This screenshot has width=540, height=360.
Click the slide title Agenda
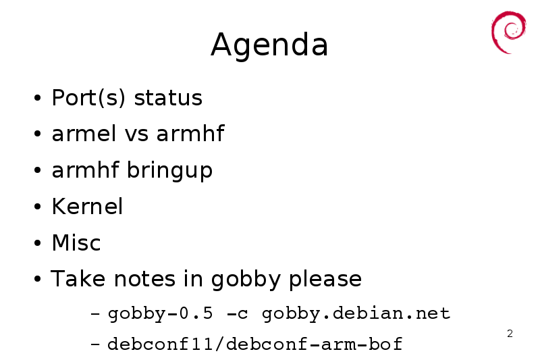point(269,45)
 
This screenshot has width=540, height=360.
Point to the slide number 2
point(510,334)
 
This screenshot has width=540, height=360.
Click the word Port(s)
point(88,98)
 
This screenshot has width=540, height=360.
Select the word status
point(168,98)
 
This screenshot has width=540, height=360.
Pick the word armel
point(84,133)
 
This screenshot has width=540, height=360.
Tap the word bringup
point(170,170)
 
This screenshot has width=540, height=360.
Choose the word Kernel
point(87,207)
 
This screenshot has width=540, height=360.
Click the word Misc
point(76,242)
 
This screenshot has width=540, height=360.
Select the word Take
point(78,278)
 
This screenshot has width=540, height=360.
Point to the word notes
point(144,279)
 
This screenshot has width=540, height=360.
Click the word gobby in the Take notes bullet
point(246,280)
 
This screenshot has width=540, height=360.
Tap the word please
point(325,280)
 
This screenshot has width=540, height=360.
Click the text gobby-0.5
point(161,314)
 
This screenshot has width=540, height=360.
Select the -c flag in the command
point(238,314)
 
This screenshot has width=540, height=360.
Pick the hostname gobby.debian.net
point(356,314)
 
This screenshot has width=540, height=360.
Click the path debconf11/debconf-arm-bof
point(255,344)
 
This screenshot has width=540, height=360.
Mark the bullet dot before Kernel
point(38,207)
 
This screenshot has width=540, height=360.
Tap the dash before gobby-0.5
point(95,314)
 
